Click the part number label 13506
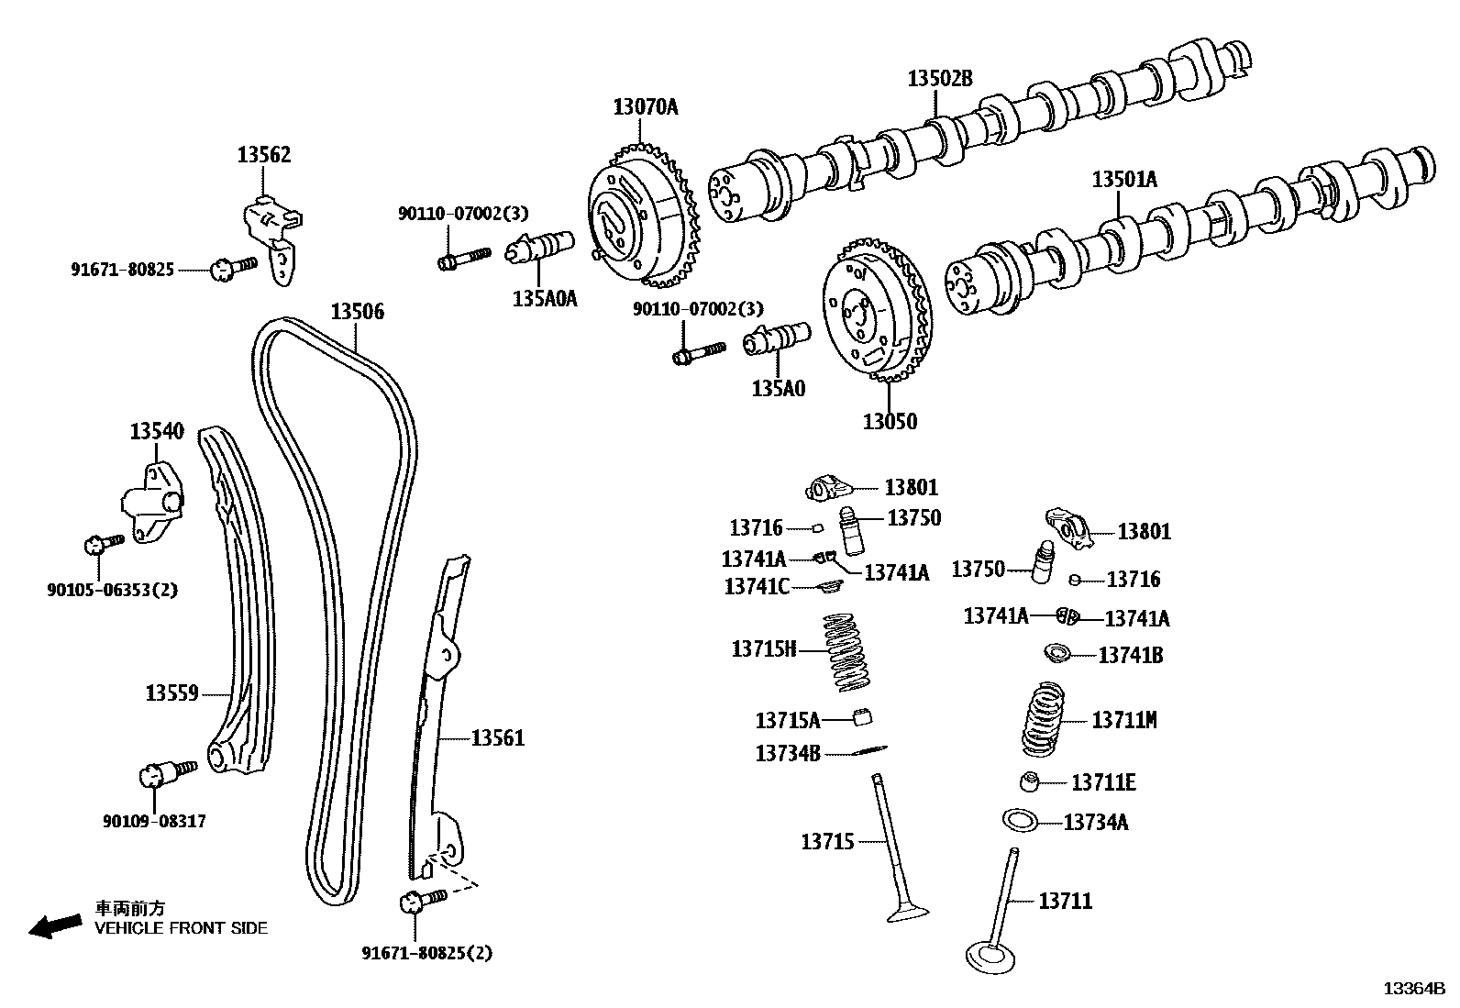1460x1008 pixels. tap(358, 312)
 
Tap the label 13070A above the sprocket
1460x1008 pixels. tap(646, 107)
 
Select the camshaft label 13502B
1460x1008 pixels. tap(940, 79)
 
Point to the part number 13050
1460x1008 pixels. tap(890, 422)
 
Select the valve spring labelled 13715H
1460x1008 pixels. tap(848, 653)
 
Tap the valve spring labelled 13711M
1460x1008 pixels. tap(1045, 719)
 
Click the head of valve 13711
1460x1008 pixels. tap(991, 956)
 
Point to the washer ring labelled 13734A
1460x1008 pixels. tap(1020, 819)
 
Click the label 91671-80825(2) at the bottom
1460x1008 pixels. tap(426, 954)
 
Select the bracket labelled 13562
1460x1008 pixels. tap(273, 234)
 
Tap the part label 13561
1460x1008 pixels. tap(498, 737)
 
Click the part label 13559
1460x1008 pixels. tap(171, 693)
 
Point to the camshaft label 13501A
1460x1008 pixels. tap(1124, 180)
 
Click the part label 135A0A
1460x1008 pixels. tap(544, 298)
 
